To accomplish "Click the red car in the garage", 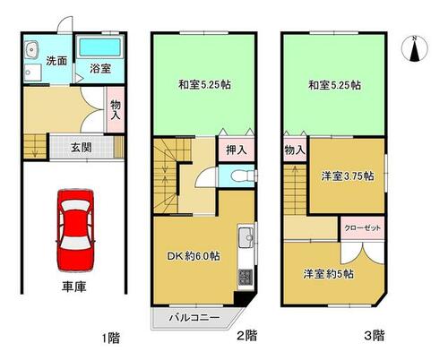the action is [x=75, y=230].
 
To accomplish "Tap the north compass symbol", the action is [x=415, y=48].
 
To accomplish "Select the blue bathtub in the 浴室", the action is [x=99, y=47].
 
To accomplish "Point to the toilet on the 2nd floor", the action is [x=242, y=176].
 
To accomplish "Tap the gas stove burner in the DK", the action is [x=246, y=277].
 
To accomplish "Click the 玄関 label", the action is [x=82, y=148].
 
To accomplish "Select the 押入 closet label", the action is [x=237, y=150].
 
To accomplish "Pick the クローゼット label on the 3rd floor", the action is [x=363, y=228].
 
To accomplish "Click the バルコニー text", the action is [x=194, y=317].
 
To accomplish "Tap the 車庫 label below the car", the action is [x=74, y=287].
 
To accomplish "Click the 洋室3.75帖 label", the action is [x=348, y=176].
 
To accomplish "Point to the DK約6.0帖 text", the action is [x=194, y=256].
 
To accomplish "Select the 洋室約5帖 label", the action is [x=329, y=274].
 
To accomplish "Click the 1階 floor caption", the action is [x=111, y=339].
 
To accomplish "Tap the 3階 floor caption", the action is [x=375, y=336].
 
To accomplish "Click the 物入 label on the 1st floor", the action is [x=116, y=110].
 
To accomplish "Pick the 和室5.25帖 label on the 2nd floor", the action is [x=204, y=85].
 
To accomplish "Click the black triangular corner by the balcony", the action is [x=243, y=298].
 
